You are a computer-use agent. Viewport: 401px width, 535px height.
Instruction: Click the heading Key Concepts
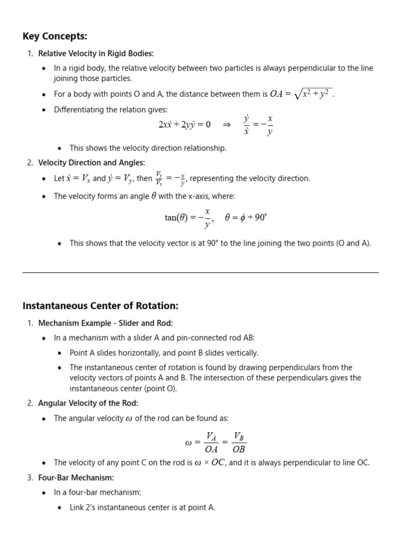point(55,36)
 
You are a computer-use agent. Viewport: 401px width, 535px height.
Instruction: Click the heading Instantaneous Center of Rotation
point(100,306)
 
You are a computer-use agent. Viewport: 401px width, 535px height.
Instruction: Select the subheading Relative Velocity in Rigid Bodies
point(96,53)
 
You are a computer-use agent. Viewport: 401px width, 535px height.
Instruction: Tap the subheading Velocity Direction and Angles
point(91,162)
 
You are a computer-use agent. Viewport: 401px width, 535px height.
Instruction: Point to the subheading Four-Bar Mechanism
point(76,478)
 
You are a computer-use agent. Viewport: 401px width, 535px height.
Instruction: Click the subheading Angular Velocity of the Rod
point(88,403)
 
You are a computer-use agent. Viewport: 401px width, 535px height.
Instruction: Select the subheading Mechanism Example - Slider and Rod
point(105,323)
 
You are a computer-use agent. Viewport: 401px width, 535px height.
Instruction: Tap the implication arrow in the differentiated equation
point(227,124)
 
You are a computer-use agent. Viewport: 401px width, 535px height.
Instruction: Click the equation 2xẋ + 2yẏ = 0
point(184,125)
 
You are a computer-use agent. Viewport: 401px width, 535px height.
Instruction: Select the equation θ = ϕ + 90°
point(245,217)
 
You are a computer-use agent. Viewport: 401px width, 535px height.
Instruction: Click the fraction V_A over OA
point(211,442)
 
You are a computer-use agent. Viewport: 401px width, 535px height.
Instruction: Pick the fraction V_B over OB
point(239,442)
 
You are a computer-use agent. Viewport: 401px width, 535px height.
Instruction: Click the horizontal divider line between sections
point(200,272)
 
